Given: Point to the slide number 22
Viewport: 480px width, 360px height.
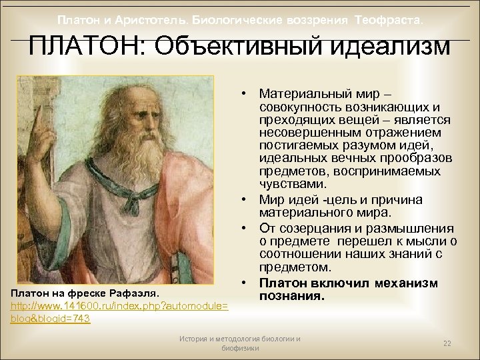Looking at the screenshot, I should click(447, 343).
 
